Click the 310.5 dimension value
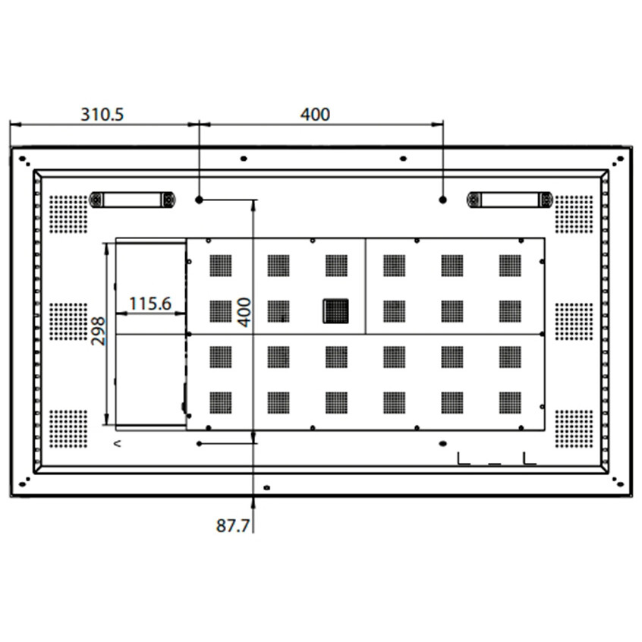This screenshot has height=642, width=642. (x=102, y=115)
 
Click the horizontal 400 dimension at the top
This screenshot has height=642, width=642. (x=316, y=115)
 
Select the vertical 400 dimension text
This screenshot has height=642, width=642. (x=244, y=312)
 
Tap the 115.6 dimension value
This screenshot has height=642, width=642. (x=149, y=304)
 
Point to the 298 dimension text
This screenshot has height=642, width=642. (x=99, y=331)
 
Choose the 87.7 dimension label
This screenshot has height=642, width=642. (x=233, y=526)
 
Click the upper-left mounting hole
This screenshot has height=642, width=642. (x=199, y=200)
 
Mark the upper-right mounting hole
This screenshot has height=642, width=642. (x=442, y=200)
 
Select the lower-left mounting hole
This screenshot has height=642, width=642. (x=199, y=443)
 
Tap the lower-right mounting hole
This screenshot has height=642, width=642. (x=442, y=443)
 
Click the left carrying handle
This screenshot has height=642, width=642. (x=133, y=200)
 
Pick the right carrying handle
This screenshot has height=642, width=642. (x=509, y=200)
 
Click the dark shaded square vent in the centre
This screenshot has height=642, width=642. (x=335, y=311)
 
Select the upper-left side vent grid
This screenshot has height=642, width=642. (x=69, y=214)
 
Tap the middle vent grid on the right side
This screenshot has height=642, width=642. (x=574, y=321)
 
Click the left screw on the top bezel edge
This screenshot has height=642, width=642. (x=244, y=159)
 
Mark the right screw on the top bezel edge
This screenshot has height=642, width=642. (x=403, y=159)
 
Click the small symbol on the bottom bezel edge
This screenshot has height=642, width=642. (x=266, y=486)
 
